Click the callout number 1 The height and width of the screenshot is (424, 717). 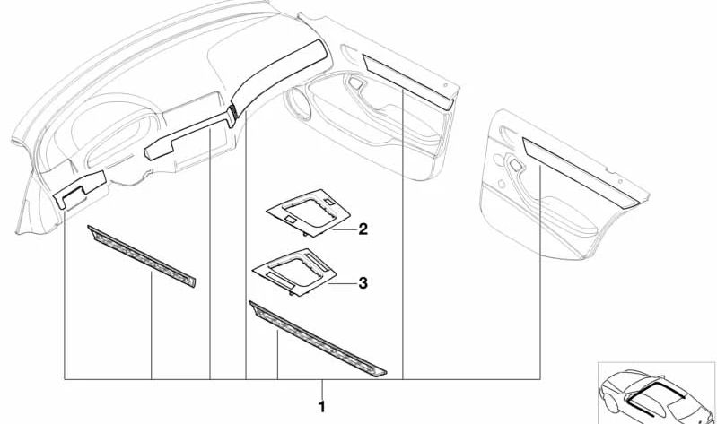coord(322,407)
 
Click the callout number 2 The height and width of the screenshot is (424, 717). coord(363,229)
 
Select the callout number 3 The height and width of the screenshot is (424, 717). coord(363,283)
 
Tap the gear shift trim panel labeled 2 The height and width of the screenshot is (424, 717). coord(308,212)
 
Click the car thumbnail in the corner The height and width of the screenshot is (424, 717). coord(656,393)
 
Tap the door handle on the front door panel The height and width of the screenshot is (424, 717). coord(354,83)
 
